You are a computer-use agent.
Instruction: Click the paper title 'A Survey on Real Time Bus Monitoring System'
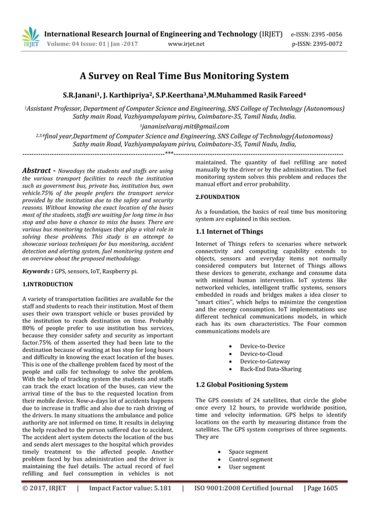(184, 76)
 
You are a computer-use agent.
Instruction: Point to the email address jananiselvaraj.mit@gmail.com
(184, 126)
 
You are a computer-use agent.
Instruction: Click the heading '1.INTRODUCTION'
(47, 285)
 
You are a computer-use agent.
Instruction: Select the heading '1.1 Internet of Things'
(229, 231)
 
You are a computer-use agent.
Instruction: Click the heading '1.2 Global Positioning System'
(241, 384)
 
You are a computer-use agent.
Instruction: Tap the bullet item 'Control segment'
(250, 459)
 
